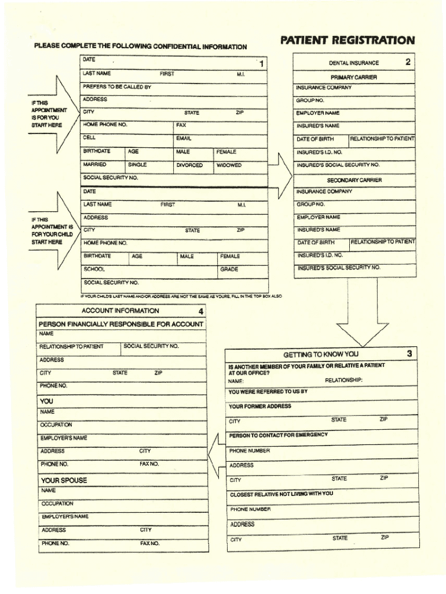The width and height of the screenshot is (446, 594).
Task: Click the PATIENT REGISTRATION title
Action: click(347, 41)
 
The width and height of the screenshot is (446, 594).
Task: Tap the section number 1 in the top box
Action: click(261, 64)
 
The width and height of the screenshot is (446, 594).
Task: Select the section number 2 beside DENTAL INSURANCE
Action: click(408, 61)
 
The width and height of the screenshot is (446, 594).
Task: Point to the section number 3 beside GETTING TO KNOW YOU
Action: click(410, 353)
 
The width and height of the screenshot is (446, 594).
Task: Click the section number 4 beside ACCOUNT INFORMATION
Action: click(200, 311)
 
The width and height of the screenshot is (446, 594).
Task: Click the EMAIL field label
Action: click(184, 139)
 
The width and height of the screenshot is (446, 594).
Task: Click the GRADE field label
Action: click(229, 269)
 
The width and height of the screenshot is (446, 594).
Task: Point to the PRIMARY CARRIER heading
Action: click(353, 77)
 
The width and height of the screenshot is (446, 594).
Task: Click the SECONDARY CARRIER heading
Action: click(354, 180)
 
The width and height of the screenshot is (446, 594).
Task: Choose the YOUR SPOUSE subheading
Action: click(64, 480)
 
